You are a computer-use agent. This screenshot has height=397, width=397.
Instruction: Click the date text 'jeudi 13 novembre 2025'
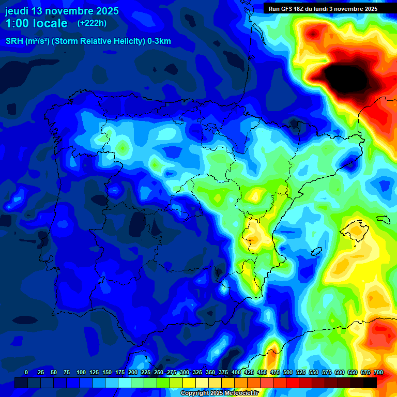[62, 11]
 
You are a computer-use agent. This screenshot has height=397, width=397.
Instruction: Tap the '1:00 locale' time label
[36, 23]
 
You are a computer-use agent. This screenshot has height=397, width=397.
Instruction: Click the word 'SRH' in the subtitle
[14, 41]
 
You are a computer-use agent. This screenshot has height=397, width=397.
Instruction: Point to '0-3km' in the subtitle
[159, 41]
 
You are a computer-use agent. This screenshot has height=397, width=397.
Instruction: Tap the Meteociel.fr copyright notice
[219, 393]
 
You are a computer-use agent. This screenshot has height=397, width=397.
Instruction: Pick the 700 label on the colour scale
[378, 372]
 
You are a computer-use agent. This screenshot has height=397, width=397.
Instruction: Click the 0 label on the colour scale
[26, 372]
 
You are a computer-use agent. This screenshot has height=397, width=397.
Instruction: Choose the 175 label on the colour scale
[120, 372]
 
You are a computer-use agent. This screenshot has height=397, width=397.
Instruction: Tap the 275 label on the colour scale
[172, 372]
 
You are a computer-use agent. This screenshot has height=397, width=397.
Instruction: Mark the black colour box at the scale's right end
[370, 383]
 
